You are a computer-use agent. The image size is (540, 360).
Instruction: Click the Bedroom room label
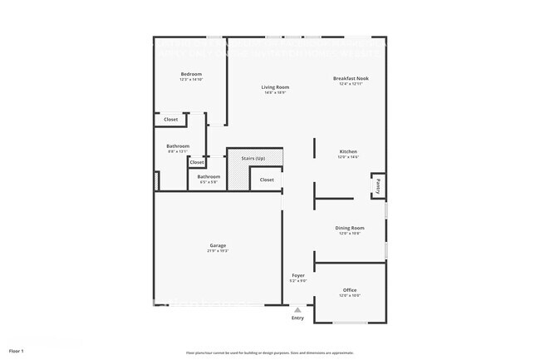click(191, 74)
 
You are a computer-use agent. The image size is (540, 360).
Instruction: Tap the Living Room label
click(275, 86)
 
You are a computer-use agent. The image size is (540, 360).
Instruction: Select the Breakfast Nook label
click(351, 78)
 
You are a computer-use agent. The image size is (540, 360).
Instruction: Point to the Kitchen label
click(348, 151)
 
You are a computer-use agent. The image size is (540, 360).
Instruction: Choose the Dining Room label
click(350, 228)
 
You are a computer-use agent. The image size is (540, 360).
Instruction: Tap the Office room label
click(350, 290)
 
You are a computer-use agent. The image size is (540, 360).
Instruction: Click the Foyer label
click(298, 275)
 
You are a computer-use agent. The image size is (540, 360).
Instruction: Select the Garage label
click(218, 245)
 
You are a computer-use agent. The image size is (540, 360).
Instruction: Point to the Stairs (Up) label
click(253, 157)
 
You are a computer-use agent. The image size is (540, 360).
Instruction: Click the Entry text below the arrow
click(297, 318)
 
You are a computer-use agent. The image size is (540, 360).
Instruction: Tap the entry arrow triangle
click(297, 308)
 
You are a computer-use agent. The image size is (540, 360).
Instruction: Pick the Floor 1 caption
click(17, 352)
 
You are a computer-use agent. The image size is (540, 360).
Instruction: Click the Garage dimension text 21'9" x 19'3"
click(218, 250)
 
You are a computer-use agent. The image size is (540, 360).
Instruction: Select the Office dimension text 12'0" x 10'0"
click(350, 296)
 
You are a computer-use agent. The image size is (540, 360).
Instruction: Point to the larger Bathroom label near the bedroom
click(178, 146)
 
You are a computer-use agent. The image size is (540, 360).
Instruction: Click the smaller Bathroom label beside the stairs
click(209, 176)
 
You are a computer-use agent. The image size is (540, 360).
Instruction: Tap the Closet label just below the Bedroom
click(170, 120)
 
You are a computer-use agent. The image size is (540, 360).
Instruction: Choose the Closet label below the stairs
click(267, 180)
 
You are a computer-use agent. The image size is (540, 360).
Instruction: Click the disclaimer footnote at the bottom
click(269, 353)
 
